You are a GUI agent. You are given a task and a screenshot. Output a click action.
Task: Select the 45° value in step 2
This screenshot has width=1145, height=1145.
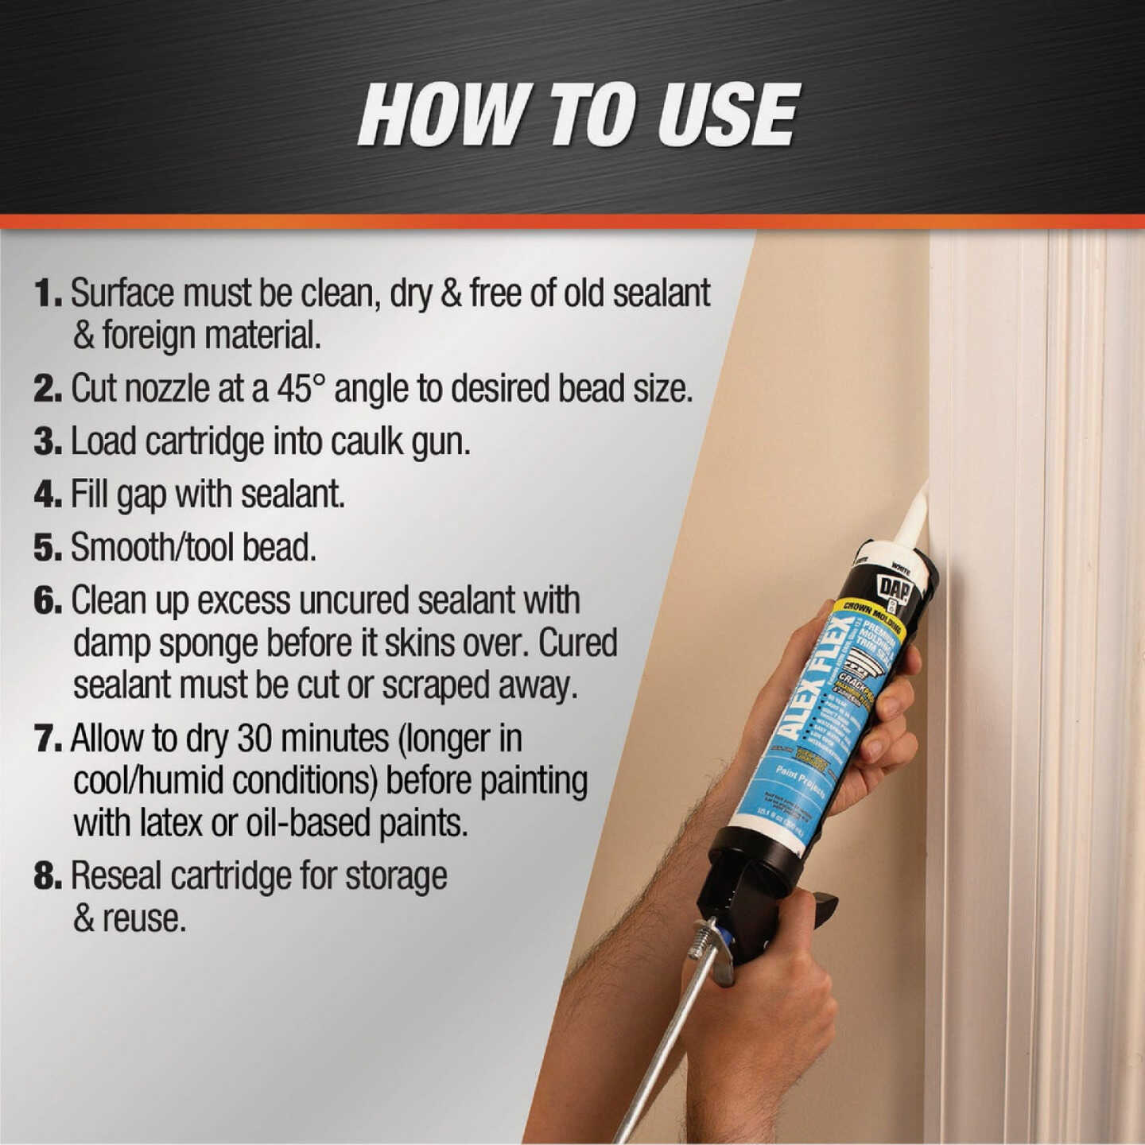point(301,389)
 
